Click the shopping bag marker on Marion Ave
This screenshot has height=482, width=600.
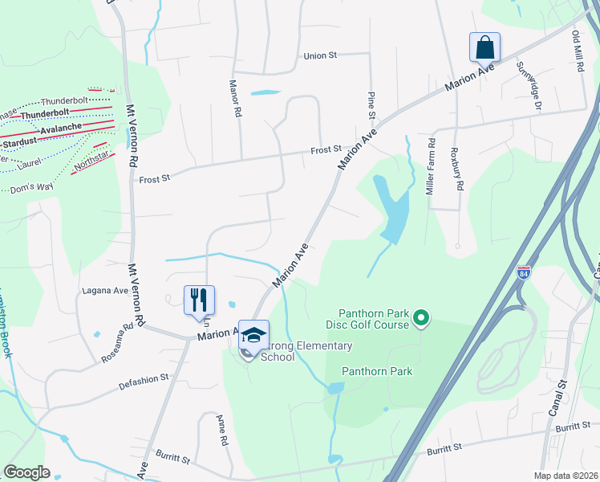point(485,47)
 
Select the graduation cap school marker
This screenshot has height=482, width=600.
point(253,336)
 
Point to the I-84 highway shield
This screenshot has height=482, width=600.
point(524,273)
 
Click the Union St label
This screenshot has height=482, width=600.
point(321,56)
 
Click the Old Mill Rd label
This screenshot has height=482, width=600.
point(577,53)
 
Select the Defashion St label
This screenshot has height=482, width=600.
point(144,377)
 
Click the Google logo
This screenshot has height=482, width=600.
point(26,472)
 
